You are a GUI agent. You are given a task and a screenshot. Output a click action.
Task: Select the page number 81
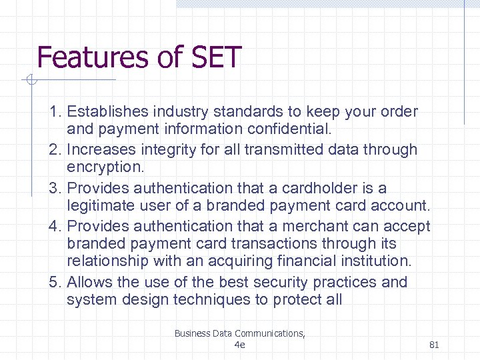(x=434, y=345)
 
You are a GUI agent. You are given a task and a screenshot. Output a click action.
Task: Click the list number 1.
(x=53, y=111)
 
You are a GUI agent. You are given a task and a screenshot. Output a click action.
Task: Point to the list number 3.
(x=53, y=189)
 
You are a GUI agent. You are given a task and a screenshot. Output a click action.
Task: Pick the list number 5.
(x=53, y=282)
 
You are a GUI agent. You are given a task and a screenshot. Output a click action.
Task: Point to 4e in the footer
(x=240, y=345)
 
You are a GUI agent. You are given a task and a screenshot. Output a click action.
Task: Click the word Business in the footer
(x=191, y=333)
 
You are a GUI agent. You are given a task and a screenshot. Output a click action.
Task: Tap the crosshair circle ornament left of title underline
(x=30, y=81)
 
